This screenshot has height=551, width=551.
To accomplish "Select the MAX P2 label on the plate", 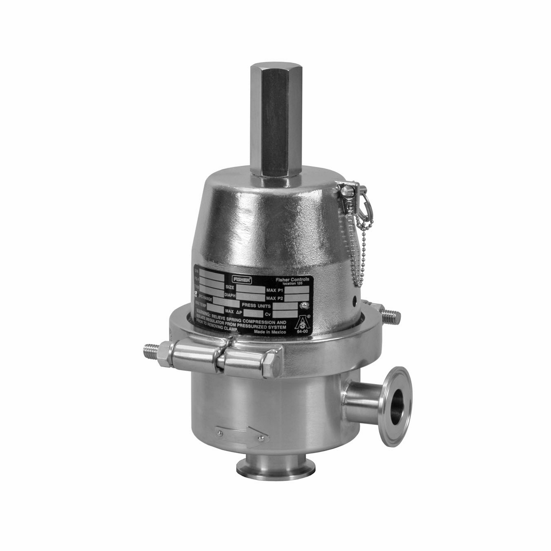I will point(276,298).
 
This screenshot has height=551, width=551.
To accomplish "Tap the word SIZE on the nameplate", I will point(230,286).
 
